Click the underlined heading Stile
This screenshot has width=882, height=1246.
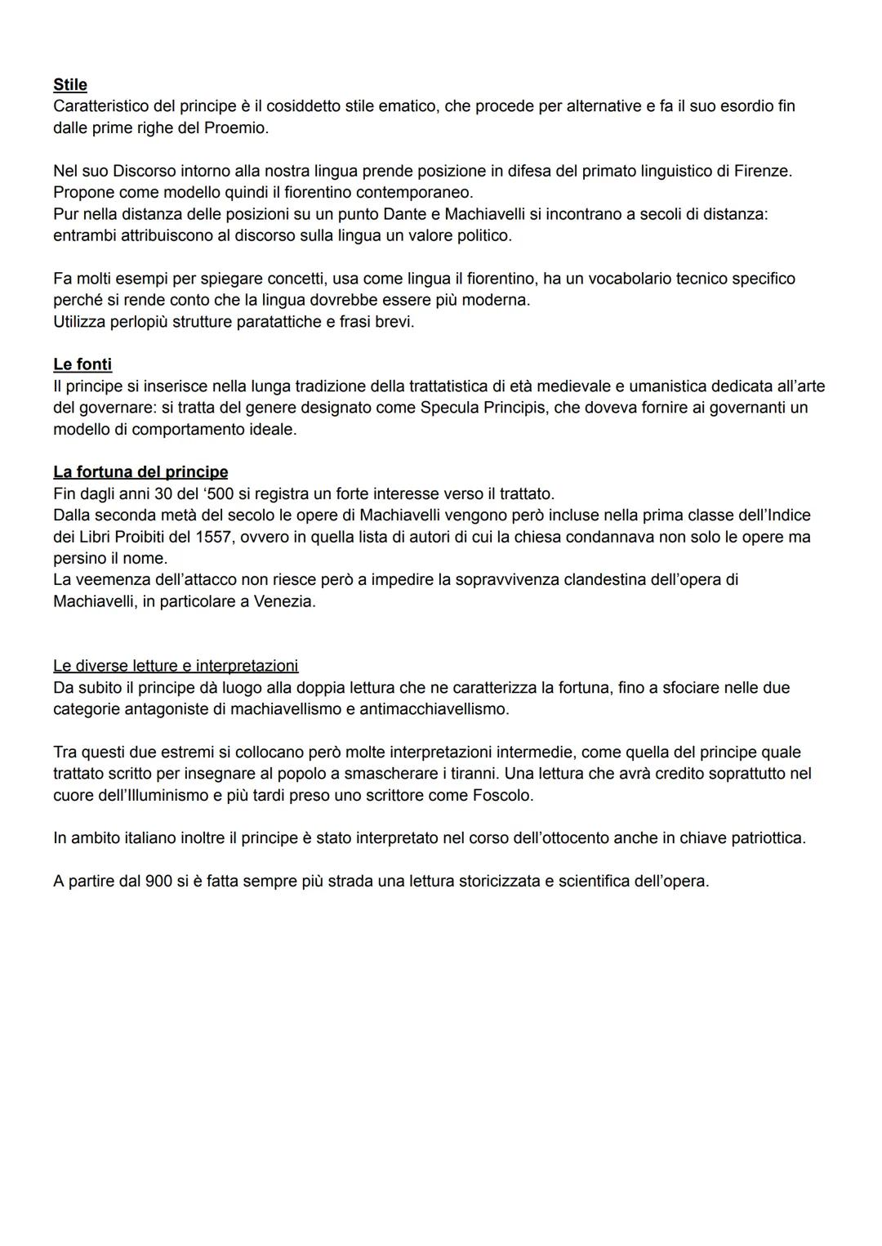[70, 85]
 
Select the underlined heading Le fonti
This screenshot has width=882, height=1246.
[82, 364]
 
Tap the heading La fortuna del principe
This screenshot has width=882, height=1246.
[140, 472]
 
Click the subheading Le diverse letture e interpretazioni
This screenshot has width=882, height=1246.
[176, 666]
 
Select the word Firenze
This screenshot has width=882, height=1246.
[762, 172]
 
